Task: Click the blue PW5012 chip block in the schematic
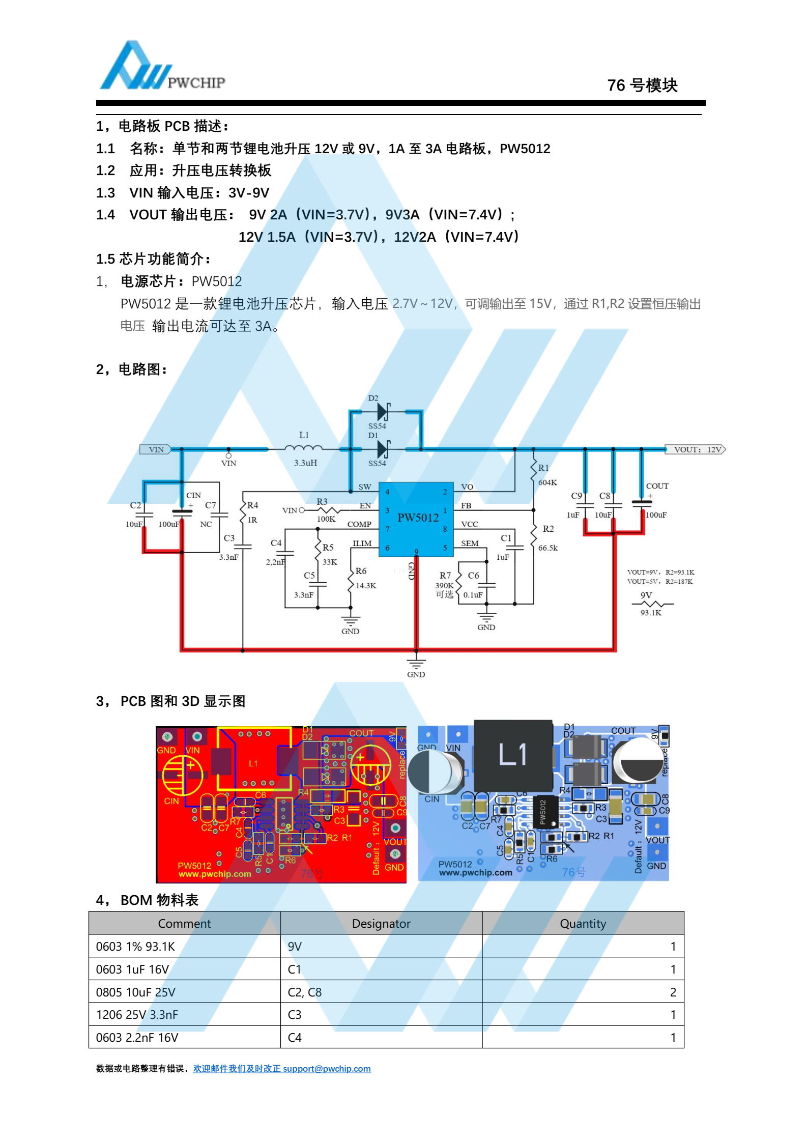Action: (416, 519)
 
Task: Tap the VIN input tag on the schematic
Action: (155, 449)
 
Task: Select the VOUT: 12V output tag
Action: (696, 449)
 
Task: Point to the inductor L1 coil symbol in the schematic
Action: (304, 448)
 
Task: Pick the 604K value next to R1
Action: (547, 482)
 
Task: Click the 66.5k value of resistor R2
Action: (548, 548)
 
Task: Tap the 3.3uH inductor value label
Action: (305, 463)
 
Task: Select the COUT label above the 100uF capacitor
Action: (657, 486)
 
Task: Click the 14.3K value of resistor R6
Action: (366, 586)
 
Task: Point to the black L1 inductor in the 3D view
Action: (513, 754)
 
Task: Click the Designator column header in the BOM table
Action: (381, 924)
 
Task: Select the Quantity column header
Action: (583, 924)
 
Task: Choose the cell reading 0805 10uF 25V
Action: (136, 992)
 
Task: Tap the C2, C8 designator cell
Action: (305, 992)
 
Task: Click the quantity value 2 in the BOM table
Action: (673, 992)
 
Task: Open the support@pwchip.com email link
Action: (327, 1069)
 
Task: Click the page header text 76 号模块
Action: (642, 85)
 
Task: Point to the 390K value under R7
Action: (444, 586)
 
